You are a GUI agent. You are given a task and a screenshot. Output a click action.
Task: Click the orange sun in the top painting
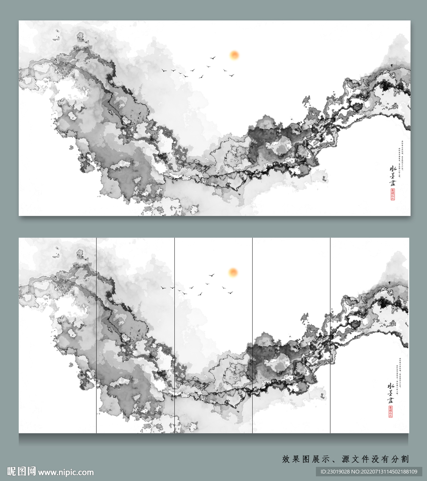tap(234, 55)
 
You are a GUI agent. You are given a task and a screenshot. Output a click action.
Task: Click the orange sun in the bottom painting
tap(233, 272)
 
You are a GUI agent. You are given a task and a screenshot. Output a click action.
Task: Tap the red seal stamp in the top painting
tap(392, 194)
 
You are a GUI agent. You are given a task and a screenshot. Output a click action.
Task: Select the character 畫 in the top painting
tap(392, 183)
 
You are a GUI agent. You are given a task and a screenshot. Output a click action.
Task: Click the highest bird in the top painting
tap(213, 58)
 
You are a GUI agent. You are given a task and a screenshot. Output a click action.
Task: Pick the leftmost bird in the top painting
tap(164, 70)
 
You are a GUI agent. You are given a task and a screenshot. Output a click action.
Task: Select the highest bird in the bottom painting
tap(212, 275)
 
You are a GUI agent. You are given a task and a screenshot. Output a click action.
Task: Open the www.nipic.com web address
tap(66, 472)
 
